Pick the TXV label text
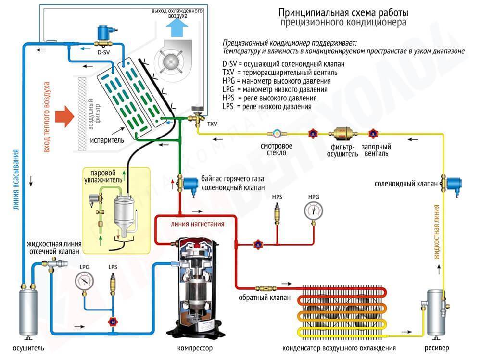tap(212, 124)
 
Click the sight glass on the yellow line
tap(278, 133)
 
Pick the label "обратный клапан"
tap(265, 298)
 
